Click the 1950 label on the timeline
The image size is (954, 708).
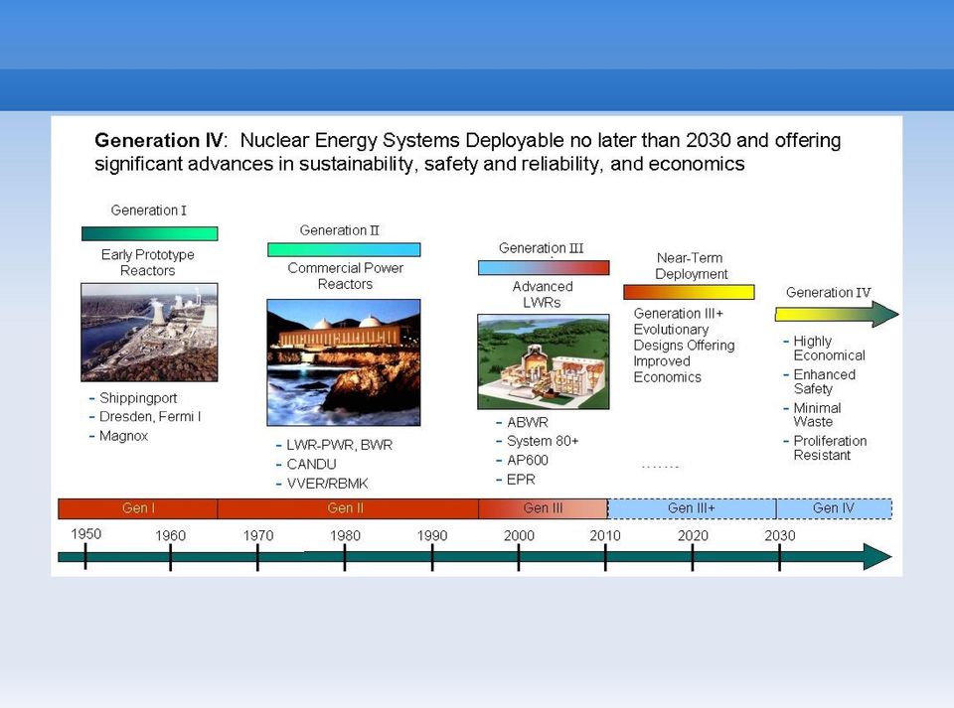click(x=85, y=533)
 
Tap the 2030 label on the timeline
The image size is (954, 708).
click(x=779, y=535)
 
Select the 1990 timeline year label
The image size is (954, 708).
click(x=432, y=535)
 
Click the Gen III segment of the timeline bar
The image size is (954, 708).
click(x=543, y=508)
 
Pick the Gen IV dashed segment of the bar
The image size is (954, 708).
click(x=834, y=508)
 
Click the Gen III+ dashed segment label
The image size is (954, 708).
click(x=692, y=508)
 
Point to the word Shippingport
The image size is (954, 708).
click(x=138, y=398)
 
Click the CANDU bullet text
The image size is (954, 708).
click(x=311, y=465)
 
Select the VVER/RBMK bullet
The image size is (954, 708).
click(x=327, y=484)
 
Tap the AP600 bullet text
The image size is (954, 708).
click(x=528, y=460)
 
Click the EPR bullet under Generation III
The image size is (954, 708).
click(x=521, y=480)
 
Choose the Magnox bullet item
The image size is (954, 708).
click(x=123, y=436)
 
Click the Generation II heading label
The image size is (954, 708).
click(x=339, y=230)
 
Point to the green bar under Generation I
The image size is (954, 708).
click(x=150, y=233)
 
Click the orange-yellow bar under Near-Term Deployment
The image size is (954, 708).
click(x=689, y=292)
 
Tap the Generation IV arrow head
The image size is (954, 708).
click(x=885, y=314)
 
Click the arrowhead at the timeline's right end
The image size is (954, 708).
click(x=877, y=557)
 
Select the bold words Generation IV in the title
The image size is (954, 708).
click(x=159, y=140)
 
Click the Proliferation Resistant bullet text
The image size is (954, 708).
click(x=830, y=448)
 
